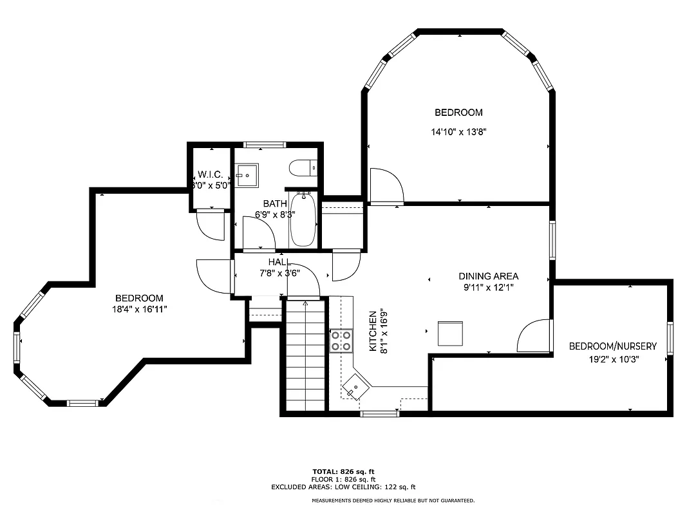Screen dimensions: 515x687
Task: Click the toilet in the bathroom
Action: tap(303, 168)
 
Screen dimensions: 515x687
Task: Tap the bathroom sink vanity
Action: tap(247, 175)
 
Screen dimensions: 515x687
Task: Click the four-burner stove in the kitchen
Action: tap(341, 341)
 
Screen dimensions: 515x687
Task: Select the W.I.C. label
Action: tap(211, 174)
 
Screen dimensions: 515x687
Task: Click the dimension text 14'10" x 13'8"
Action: tap(458, 132)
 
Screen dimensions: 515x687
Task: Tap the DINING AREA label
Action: tap(488, 276)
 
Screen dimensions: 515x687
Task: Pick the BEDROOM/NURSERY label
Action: tap(612, 346)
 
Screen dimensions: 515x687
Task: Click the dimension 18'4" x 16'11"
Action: tap(139, 309)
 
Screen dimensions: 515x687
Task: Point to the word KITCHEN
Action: tap(372, 331)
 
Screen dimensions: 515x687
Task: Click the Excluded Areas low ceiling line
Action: tap(343, 487)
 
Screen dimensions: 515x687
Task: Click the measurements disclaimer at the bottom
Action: tap(393, 500)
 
